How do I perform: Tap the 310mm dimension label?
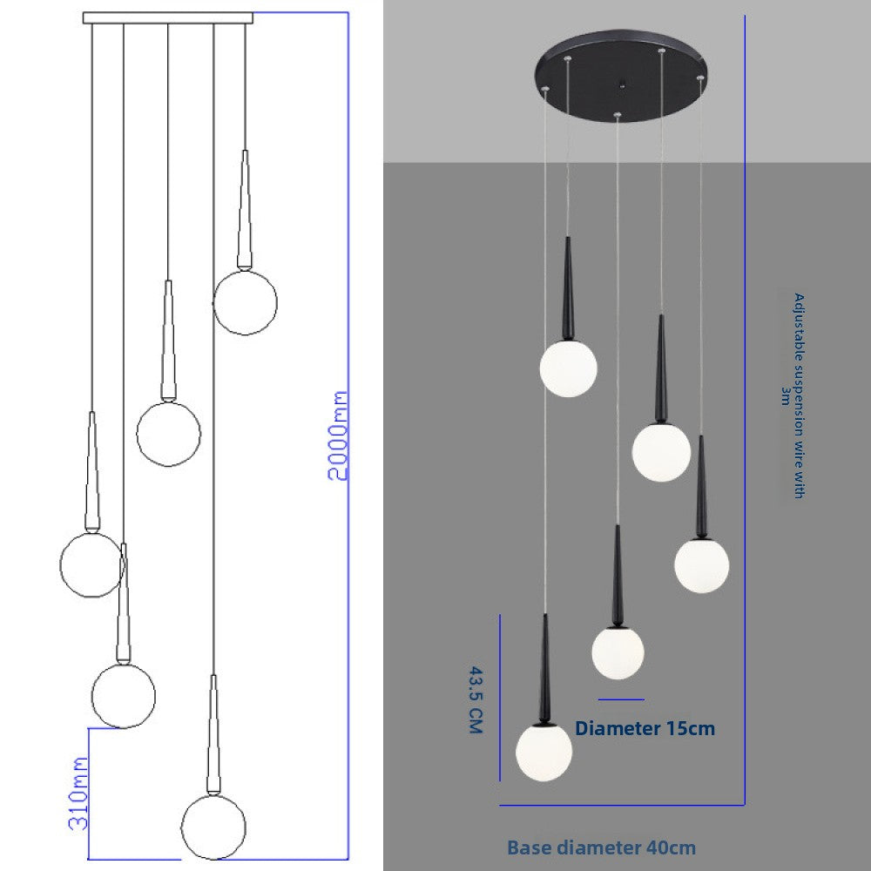(x=78, y=792)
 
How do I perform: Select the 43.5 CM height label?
(x=475, y=700)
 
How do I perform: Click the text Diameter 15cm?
(x=645, y=728)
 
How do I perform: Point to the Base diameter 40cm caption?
(x=601, y=847)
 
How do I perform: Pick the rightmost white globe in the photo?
(x=701, y=566)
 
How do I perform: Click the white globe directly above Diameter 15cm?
(x=618, y=652)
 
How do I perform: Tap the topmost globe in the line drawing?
(x=245, y=302)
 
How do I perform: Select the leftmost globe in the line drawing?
(x=91, y=564)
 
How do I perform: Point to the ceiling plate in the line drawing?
(x=168, y=17)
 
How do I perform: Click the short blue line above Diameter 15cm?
(x=621, y=699)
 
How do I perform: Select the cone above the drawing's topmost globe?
(x=245, y=209)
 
